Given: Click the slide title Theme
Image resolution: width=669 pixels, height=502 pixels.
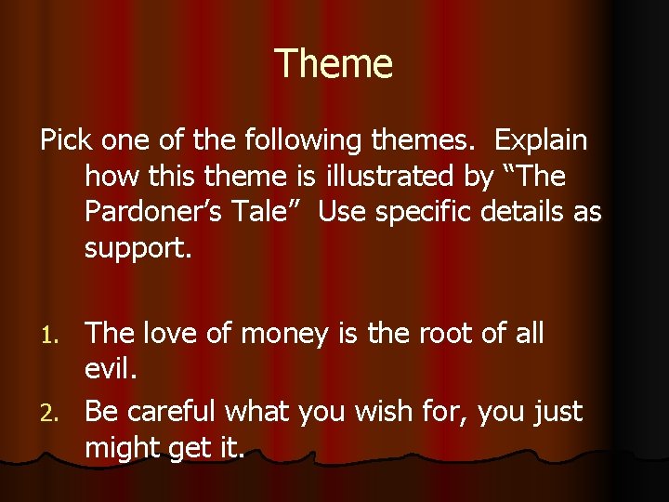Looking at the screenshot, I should [334, 64].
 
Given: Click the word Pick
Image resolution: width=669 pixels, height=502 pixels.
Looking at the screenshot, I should [62, 140].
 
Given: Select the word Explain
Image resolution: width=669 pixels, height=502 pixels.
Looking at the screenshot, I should [542, 140].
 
